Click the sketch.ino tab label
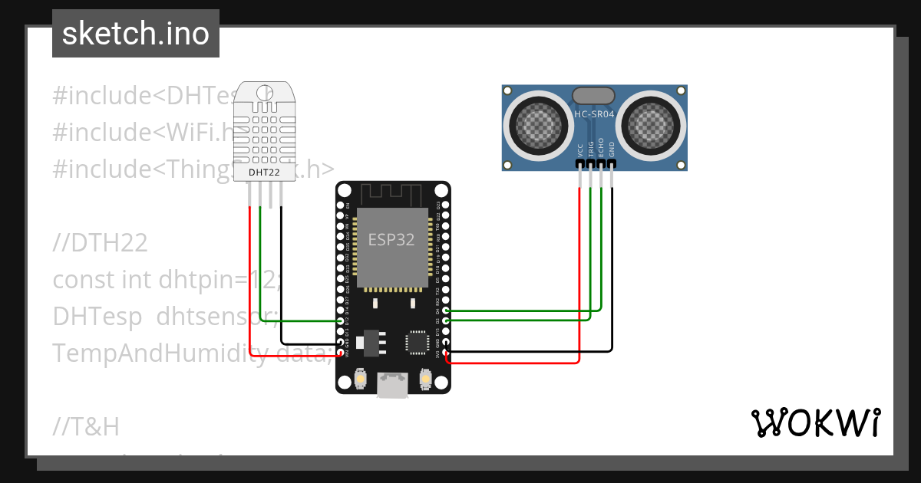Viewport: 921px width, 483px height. [135, 34]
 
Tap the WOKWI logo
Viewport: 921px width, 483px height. [815, 422]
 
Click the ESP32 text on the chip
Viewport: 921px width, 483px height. [391, 239]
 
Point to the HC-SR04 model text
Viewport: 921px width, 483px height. [594, 114]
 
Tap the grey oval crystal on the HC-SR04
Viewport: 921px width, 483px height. [594, 95]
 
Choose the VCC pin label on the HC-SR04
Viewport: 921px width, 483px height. [579, 149]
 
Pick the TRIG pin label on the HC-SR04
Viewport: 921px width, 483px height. [590, 149]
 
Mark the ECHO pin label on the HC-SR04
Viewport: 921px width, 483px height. [601, 149]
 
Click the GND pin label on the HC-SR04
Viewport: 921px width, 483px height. [612, 149]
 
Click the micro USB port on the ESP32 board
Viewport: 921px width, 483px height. [392, 385]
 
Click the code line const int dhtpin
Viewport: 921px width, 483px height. [165, 280]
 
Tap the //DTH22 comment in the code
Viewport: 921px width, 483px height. [100, 243]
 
